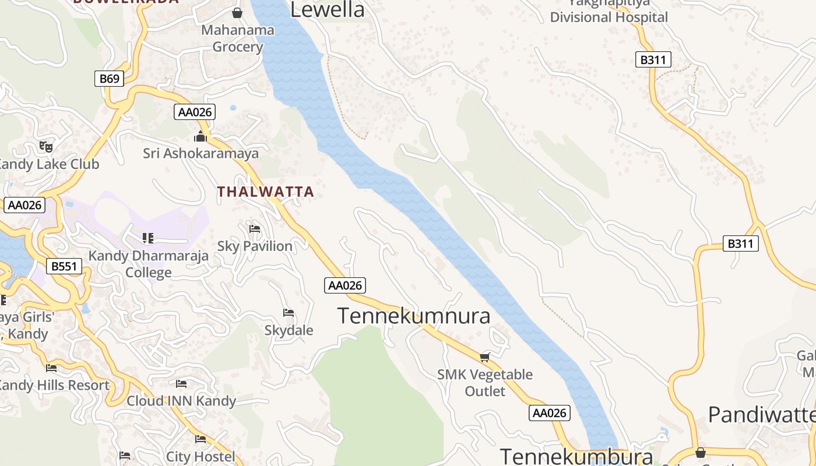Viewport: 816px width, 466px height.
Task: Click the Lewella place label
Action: pyautogui.click(x=327, y=9)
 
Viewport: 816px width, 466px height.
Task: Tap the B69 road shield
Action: pyautogui.click(x=110, y=79)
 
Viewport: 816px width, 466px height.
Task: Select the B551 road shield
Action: pyautogui.click(x=64, y=267)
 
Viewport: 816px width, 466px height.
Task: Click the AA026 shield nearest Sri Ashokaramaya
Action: pyautogui.click(x=195, y=112)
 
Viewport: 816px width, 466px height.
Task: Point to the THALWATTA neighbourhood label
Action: pyautogui.click(x=265, y=192)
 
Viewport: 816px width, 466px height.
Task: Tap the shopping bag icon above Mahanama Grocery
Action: pyautogui.click(x=237, y=12)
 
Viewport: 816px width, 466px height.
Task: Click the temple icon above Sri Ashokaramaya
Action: pyautogui.click(x=201, y=137)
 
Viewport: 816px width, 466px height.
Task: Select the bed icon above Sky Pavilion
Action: pyautogui.click(x=255, y=229)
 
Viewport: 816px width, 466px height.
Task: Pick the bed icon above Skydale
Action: pyautogui.click(x=289, y=313)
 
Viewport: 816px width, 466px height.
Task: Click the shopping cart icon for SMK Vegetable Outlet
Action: pyautogui.click(x=485, y=356)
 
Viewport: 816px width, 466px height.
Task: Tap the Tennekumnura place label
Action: pyautogui.click(x=414, y=316)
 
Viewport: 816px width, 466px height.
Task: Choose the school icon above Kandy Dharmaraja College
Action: pyautogui.click(x=148, y=238)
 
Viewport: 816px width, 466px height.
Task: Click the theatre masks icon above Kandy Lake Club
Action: pyautogui.click(x=45, y=146)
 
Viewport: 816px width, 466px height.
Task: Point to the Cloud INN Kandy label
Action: pyautogui.click(x=181, y=401)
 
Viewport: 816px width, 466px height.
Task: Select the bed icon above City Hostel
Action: pyautogui.click(x=201, y=439)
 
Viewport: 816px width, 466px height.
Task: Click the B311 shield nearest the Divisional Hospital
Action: pyautogui.click(x=653, y=59)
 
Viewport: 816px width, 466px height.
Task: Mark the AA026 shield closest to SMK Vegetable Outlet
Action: pyautogui.click(x=550, y=413)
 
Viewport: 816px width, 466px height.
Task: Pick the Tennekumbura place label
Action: pyautogui.click(x=576, y=456)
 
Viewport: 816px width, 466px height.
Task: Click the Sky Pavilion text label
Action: pyautogui.click(x=255, y=246)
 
